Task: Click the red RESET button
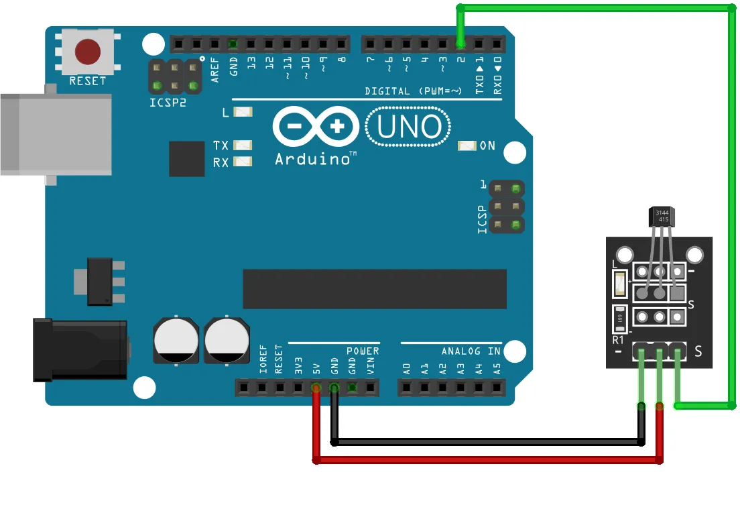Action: click(x=88, y=51)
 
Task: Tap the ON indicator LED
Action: click(x=466, y=146)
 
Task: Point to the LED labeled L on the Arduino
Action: click(x=242, y=112)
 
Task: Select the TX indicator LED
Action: click(x=243, y=145)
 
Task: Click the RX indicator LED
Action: click(x=243, y=161)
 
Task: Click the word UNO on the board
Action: click(x=409, y=127)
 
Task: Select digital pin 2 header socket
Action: click(x=460, y=45)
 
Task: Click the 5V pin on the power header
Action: click(x=316, y=387)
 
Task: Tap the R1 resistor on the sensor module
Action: click(x=620, y=319)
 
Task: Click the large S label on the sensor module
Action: click(x=698, y=351)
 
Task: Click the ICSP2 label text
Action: click(x=168, y=103)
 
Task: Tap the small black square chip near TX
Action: click(x=187, y=159)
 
